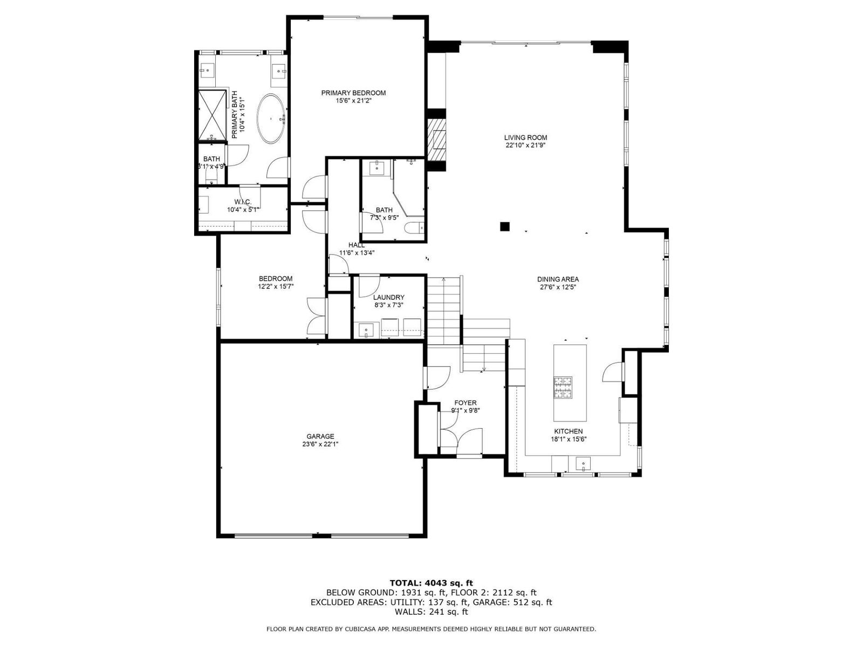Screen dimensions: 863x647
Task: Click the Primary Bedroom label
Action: click(353, 93)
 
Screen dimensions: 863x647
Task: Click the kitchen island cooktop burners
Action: click(563, 387)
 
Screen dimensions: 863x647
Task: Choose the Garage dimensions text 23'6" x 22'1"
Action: click(320, 444)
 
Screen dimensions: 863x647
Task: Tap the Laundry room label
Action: click(388, 298)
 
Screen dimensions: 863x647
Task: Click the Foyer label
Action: click(465, 403)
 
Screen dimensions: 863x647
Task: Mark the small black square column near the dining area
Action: click(504, 226)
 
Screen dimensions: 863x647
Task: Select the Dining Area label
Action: click(558, 279)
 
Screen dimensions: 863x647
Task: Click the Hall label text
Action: click(356, 245)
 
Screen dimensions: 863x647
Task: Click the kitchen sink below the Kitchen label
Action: click(583, 464)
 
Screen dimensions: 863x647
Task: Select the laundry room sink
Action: click(366, 329)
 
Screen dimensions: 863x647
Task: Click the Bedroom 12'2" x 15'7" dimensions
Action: click(276, 287)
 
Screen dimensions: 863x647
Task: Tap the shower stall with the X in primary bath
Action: click(213, 115)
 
